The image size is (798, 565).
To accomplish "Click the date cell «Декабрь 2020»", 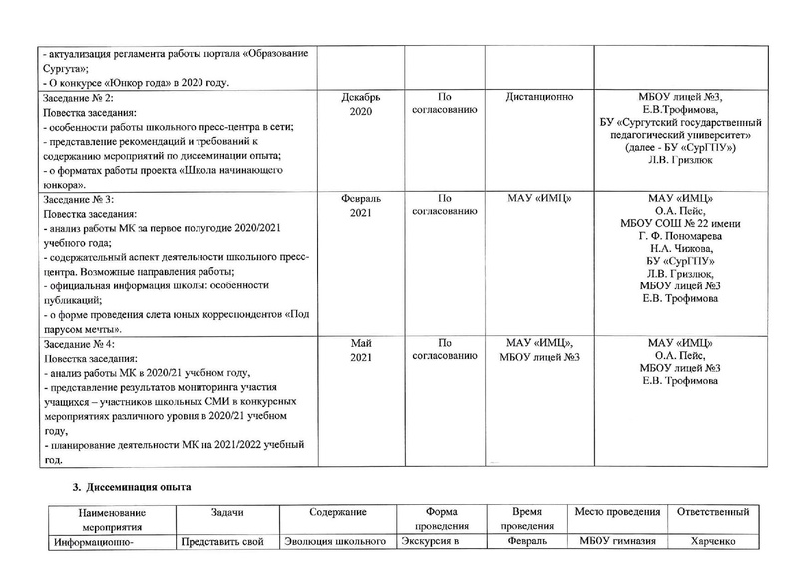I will (x=360, y=106).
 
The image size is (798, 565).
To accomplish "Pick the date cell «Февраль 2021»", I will (x=360, y=207).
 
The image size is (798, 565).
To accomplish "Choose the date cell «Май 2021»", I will (x=360, y=351).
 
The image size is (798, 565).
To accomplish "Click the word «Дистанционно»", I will (x=545, y=98).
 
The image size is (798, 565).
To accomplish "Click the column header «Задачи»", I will (x=228, y=511).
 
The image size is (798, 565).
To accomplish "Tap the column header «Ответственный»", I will (x=713, y=511).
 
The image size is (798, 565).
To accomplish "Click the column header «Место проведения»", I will (x=618, y=511).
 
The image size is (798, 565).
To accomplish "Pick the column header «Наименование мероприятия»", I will (x=106, y=519).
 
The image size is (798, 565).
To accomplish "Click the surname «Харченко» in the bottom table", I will (x=713, y=543).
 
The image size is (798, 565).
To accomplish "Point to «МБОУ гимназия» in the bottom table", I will (x=618, y=543).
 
